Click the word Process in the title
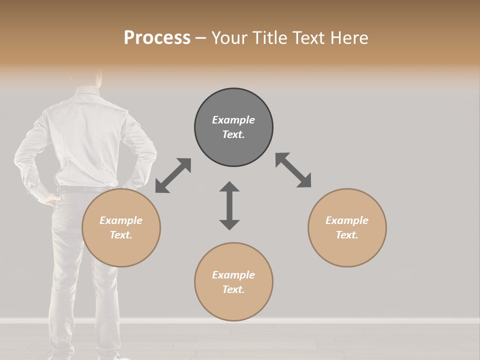(x=157, y=38)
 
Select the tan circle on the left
(x=121, y=250)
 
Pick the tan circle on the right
(x=347, y=250)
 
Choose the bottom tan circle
(x=233, y=305)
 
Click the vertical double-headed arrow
(x=229, y=206)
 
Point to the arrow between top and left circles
(x=173, y=175)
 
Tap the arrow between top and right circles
(x=293, y=170)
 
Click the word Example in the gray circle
(x=233, y=120)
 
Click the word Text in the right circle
(x=346, y=235)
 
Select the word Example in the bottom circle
(x=233, y=275)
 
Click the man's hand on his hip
(x=50, y=199)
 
